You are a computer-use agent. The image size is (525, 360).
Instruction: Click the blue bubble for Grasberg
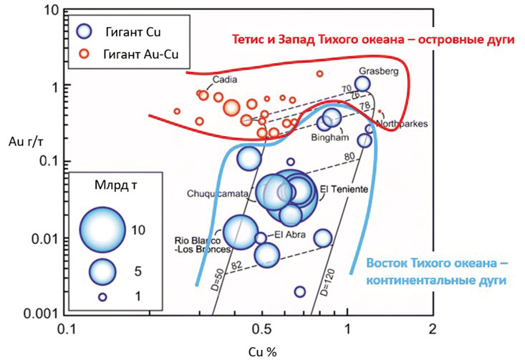[x=362, y=84]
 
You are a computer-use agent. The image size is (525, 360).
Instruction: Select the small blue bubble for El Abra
[x=261, y=238]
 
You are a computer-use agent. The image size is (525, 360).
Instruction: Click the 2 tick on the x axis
[x=431, y=329]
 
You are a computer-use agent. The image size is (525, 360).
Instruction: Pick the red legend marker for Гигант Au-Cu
[x=85, y=54]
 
